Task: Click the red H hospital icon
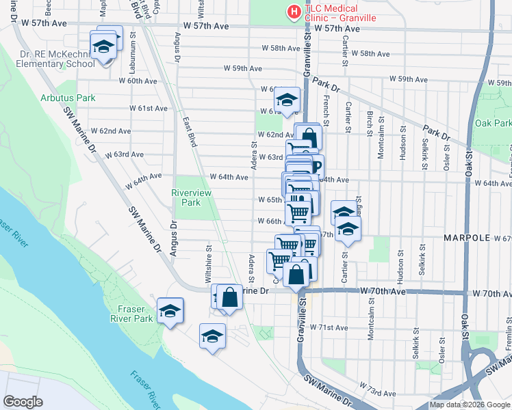293,12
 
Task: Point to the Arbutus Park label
68,98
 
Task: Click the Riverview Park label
185,198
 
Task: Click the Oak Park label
492,124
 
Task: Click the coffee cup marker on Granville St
316,166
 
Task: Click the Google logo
23,402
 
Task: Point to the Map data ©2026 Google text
470,405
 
